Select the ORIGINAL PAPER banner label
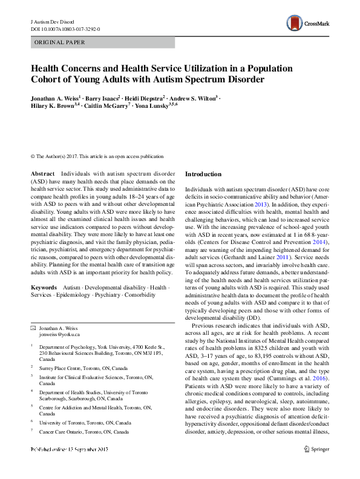59,42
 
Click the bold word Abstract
42,174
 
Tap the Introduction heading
203,174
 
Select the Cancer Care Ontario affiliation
83,432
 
